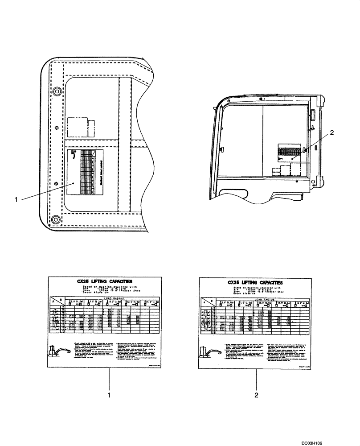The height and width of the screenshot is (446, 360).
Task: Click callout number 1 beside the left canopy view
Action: [16, 200]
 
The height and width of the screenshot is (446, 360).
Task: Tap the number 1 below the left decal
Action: [109, 395]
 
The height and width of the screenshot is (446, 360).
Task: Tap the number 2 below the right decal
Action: [257, 395]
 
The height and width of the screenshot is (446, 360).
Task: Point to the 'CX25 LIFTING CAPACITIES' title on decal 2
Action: [255, 282]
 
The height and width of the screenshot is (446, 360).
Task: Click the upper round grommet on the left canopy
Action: [57, 91]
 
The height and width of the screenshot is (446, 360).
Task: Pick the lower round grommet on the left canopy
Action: [55, 219]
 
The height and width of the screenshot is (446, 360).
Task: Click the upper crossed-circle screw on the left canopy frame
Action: [57, 128]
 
